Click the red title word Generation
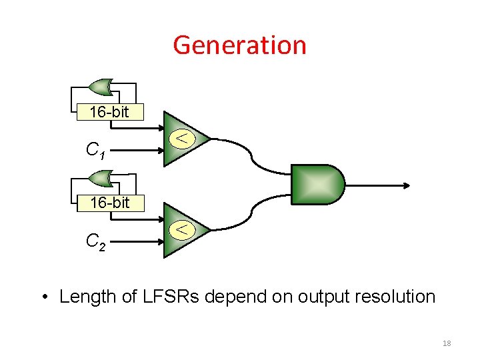[x=239, y=45]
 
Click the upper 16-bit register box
[x=109, y=112]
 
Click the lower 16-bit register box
[x=109, y=203]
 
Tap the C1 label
[x=95, y=151]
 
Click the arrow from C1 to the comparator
[x=140, y=150]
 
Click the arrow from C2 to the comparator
[x=140, y=241]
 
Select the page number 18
[x=447, y=343]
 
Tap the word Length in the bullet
[x=83, y=296]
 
